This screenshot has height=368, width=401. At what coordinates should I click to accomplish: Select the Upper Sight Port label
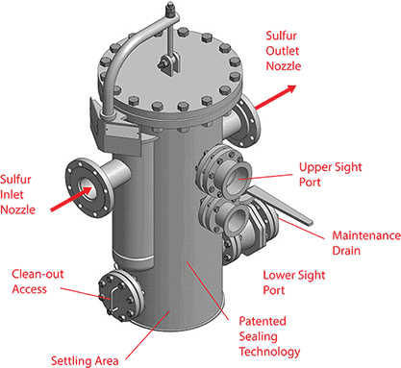[x=330, y=172]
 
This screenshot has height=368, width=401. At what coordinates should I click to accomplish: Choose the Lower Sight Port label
[x=287, y=280]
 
